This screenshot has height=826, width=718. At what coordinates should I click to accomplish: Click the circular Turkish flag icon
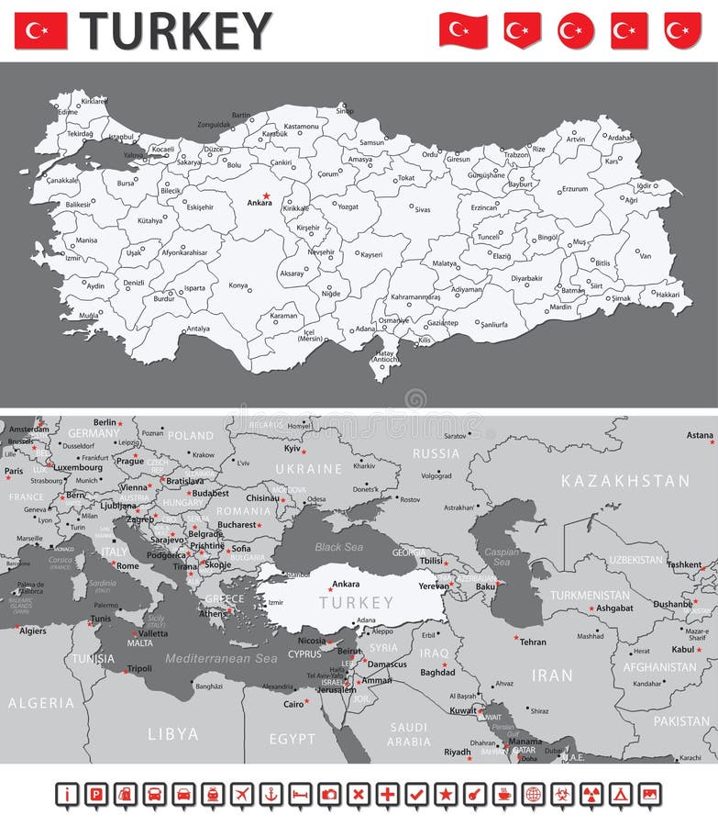click(x=576, y=30)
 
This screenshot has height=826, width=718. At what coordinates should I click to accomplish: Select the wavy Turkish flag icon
click(x=463, y=30)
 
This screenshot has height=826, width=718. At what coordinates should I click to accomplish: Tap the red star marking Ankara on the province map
click(x=266, y=195)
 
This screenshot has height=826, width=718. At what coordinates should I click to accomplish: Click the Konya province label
click(x=238, y=285)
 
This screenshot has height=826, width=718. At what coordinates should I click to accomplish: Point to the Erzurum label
click(x=574, y=189)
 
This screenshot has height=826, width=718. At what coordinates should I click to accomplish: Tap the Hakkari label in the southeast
click(x=668, y=295)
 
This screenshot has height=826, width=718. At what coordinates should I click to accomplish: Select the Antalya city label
click(x=198, y=328)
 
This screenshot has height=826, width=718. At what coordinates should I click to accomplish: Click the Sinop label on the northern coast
click(x=344, y=111)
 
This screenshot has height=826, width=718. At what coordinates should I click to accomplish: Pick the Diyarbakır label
click(x=526, y=278)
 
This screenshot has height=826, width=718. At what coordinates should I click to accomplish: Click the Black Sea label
click(x=340, y=547)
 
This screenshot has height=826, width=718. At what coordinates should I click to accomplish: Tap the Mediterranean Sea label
click(x=221, y=659)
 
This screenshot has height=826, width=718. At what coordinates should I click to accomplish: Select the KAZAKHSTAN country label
click(x=625, y=481)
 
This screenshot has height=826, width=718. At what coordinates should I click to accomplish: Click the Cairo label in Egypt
click(x=293, y=704)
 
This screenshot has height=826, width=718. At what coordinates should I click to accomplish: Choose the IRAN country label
click(x=552, y=675)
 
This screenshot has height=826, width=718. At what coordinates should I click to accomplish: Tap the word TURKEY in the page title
click(x=175, y=30)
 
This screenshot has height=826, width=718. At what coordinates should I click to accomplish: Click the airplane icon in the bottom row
click(x=242, y=794)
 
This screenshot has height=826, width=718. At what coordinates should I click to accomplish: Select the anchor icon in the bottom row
click(x=271, y=794)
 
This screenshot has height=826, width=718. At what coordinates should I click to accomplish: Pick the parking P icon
click(x=97, y=794)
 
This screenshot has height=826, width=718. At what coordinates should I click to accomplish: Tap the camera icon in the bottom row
click(x=329, y=794)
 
